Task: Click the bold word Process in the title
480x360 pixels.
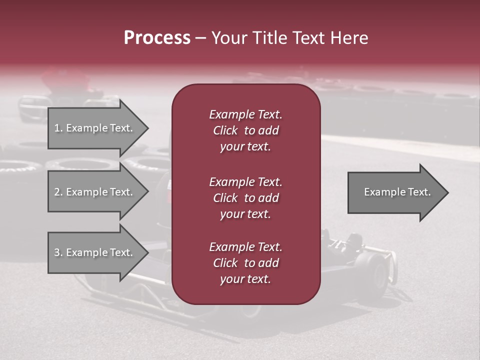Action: point(157,38)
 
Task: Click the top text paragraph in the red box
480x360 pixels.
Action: point(245,130)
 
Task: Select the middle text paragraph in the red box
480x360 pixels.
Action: point(245,198)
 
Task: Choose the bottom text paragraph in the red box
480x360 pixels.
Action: point(245,263)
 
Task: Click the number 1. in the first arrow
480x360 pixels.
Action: point(58,128)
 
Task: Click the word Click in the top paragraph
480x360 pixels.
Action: point(225,130)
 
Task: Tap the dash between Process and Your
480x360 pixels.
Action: point(200,38)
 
